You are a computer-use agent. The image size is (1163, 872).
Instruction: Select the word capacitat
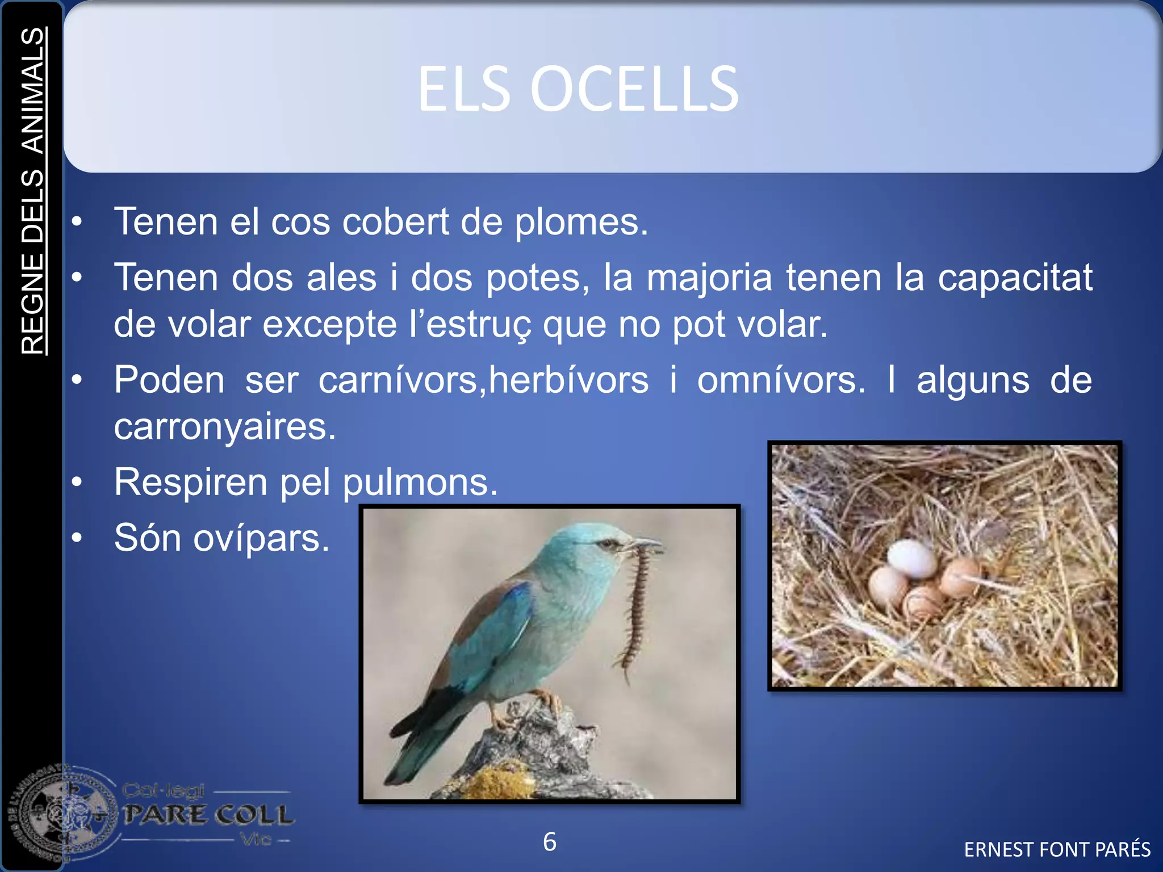(1015, 278)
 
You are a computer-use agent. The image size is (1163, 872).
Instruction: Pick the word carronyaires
(225, 427)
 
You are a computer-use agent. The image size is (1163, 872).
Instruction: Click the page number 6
(549, 842)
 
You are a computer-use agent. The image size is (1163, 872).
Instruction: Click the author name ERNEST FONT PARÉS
(1057, 849)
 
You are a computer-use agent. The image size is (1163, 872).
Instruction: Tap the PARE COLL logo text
(208, 815)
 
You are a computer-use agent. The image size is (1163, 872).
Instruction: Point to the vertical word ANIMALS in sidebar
(33, 91)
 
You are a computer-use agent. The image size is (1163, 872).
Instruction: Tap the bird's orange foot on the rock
(545, 702)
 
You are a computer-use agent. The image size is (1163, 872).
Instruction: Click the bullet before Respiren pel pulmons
(77, 483)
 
